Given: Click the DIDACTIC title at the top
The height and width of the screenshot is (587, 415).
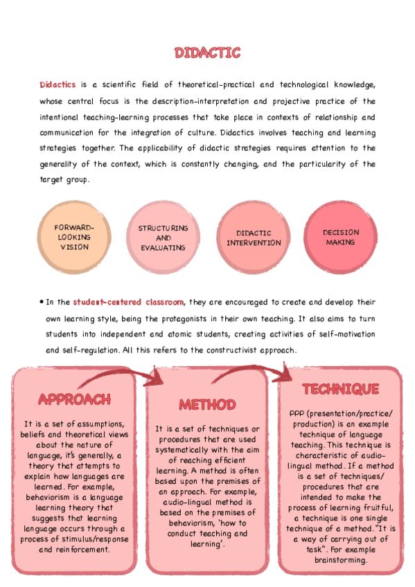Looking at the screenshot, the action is pyautogui.click(x=207, y=53).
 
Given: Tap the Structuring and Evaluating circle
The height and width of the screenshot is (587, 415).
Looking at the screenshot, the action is pyautogui.click(x=163, y=237).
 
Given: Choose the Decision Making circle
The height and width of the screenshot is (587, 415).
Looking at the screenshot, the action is pyautogui.click(x=340, y=237).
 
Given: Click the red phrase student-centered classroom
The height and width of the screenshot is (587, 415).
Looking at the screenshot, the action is pyautogui.click(x=128, y=302).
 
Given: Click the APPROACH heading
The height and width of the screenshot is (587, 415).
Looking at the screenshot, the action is pyautogui.click(x=74, y=399).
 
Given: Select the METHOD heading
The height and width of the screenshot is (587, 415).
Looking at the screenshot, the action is pyautogui.click(x=207, y=404).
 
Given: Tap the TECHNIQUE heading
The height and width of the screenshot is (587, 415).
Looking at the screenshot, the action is pyautogui.click(x=340, y=388).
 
